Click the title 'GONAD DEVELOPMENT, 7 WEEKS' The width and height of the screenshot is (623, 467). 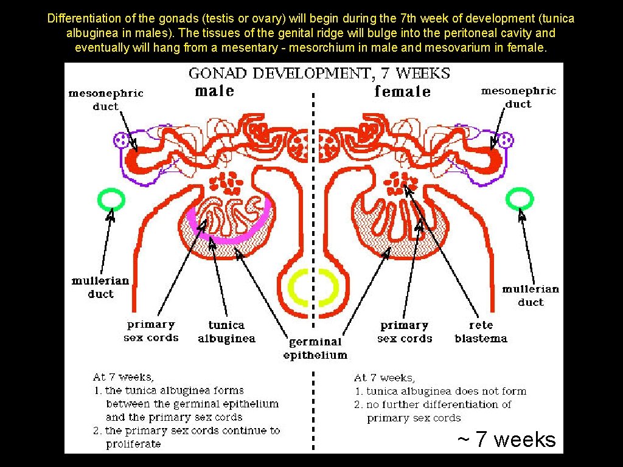[x=319, y=74]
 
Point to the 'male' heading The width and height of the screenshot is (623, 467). [x=215, y=91]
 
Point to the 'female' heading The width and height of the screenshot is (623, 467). [x=402, y=92]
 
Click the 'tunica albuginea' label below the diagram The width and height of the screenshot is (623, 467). [x=226, y=332]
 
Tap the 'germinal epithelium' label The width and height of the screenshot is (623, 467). [x=315, y=348]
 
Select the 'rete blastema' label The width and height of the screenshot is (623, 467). [x=481, y=332]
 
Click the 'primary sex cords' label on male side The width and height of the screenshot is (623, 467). [x=151, y=331]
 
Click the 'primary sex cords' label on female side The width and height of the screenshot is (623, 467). [x=405, y=332]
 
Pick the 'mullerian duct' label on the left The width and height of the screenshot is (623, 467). [x=100, y=287]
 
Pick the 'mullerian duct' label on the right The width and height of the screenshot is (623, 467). [x=531, y=296]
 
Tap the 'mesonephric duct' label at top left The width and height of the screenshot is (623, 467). [x=106, y=99]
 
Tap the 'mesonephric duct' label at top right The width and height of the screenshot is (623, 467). [x=518, y=97]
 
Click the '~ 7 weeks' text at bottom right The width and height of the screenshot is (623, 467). [x=506, y=439]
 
